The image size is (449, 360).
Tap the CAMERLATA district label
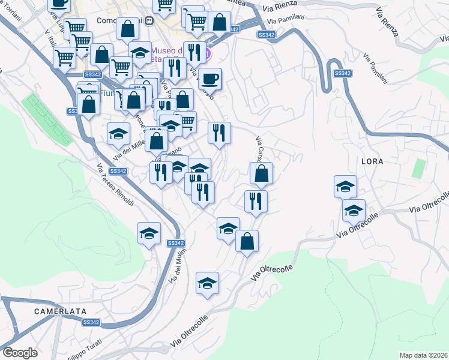60,311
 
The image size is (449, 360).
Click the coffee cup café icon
209,78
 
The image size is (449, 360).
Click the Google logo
20,352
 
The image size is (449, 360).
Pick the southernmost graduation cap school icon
207,283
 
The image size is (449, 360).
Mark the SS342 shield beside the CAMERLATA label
91,322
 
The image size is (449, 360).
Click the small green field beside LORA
419,169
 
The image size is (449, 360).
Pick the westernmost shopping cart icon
64,58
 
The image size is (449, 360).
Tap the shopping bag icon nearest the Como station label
127,28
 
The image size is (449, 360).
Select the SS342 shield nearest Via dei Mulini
175,243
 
